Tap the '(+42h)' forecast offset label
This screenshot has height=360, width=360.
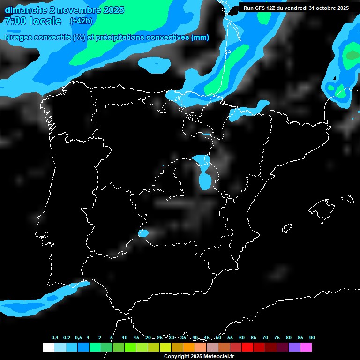point(81,21)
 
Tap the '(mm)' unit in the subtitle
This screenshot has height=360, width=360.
point(200,37)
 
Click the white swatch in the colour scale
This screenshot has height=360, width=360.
point(48,347)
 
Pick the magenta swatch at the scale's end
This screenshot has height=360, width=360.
point(306,347)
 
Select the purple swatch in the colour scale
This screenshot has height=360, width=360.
point(294,347)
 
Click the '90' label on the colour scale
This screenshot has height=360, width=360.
point(312,337)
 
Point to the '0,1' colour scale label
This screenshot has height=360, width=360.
point(55,337)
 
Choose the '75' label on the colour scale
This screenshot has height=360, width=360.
point(277,337)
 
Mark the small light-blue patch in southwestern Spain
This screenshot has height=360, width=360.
point(143,233)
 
